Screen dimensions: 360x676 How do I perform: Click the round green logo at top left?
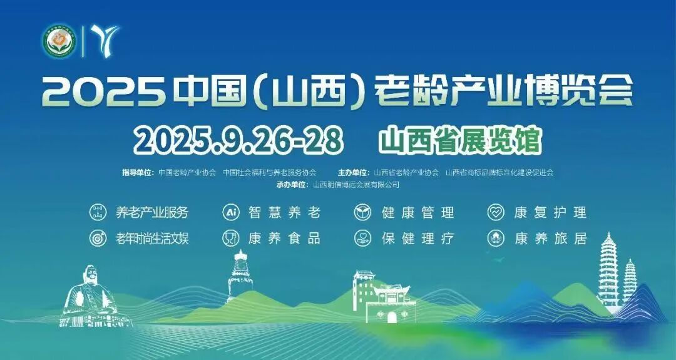coord(59,41)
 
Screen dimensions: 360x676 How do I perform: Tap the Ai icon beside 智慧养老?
coord(231,212)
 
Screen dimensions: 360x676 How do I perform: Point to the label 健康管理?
coord(417,212)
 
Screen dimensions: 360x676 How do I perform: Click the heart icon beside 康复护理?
coord(496,212)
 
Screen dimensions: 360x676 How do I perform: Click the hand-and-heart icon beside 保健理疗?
coord(362,239)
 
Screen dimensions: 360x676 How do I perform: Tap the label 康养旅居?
coord(550,239)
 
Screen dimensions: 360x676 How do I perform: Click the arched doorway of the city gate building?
coord(392,316)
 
